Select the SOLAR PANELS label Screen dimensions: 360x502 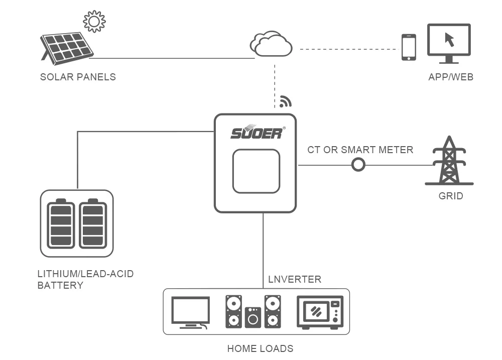tap(78, 77)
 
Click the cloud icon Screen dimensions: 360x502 tap(271, 44)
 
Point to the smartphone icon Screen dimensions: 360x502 tap(409, 47)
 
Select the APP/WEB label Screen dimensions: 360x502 tap(450, 77)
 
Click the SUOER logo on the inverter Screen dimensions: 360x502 tap(257, 133)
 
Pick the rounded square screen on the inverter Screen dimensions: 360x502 tap(256, 171)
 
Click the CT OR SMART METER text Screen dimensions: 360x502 tap(360, 150)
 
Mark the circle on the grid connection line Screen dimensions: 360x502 tap(358, 165)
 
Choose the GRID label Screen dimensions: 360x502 tap(450, 196)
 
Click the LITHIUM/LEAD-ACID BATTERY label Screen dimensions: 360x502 tap(85, 280)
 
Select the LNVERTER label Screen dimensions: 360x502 tap(295, 279)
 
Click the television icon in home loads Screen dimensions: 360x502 tap(191, 312)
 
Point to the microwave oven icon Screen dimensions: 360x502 tap(320, 312)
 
